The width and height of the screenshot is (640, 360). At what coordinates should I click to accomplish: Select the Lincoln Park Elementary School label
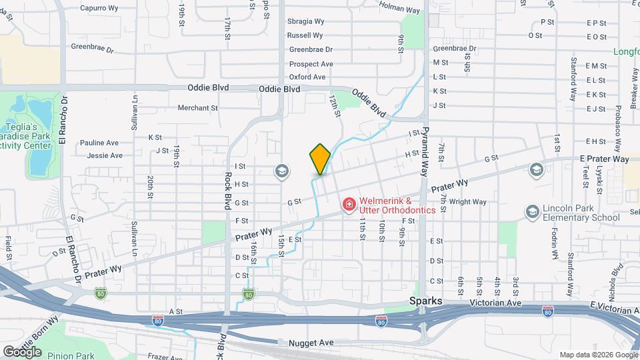pos(572,213)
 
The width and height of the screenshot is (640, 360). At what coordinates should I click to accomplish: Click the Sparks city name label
pos(426,301)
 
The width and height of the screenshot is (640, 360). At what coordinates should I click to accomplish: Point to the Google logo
pos(22,352)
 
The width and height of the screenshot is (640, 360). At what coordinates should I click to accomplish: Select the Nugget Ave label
pos(311,343)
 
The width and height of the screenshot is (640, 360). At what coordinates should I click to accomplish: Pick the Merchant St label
pos(198,107)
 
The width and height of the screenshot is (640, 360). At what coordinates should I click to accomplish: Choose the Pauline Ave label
pos(99,143)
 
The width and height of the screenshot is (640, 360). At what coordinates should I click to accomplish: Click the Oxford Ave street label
pos(307,77)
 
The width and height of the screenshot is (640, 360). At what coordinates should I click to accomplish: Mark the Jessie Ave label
pos(105,155)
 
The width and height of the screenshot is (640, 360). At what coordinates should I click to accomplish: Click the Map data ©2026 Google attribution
pos(598,355)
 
